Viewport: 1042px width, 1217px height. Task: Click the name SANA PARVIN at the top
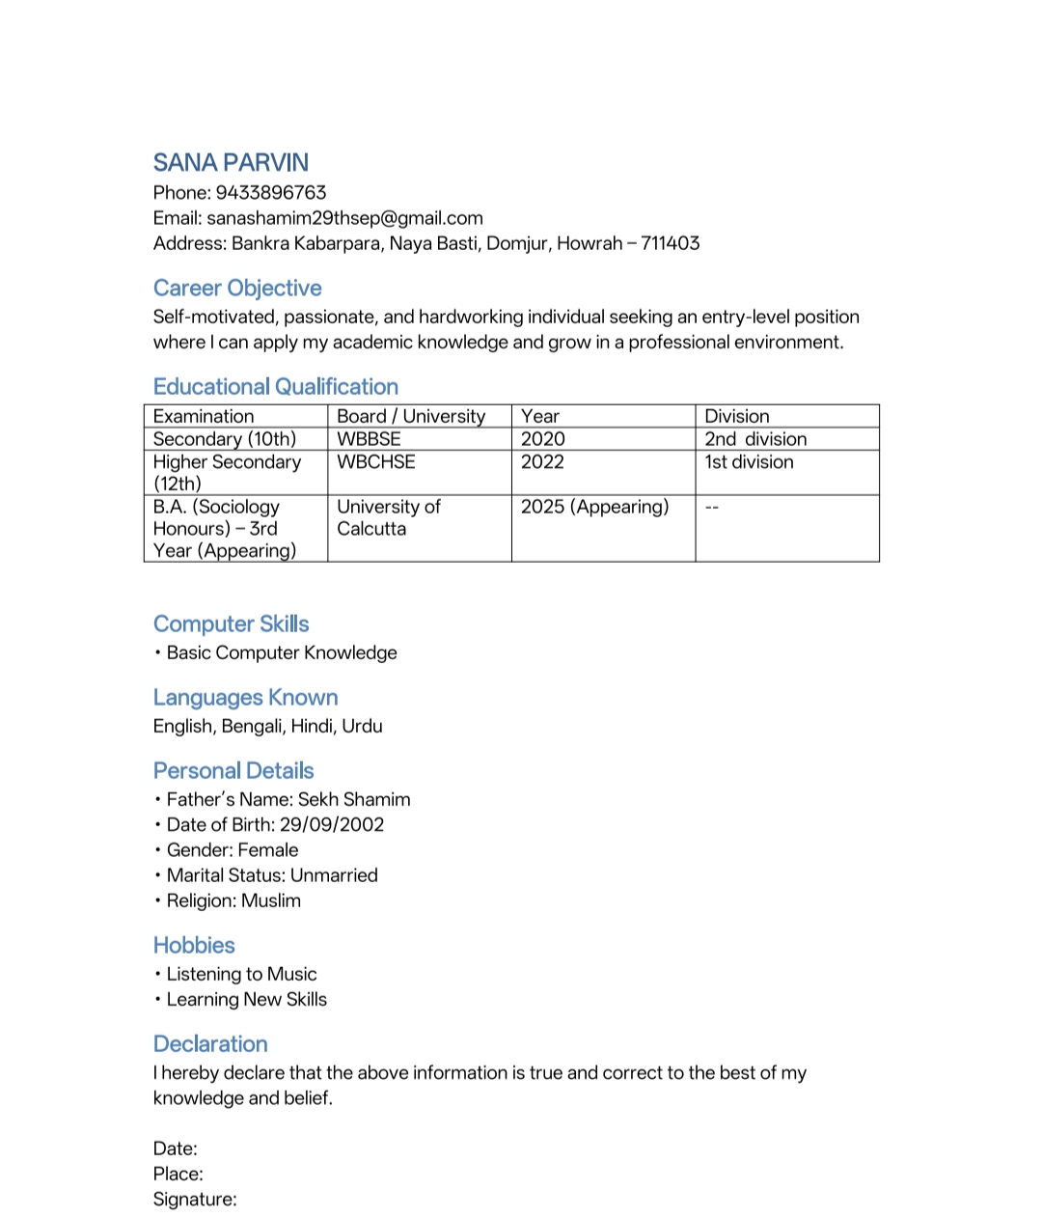click(x=231, y=162)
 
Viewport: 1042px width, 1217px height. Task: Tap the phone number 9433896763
click(x=270, y=192)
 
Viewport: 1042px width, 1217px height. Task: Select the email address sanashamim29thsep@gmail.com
click(x=344, y=218)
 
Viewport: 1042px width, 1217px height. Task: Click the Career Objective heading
click(x=237, y=288)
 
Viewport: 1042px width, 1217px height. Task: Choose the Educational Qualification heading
click(x=275, y=386)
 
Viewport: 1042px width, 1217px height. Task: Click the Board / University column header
click(x=410, y=416)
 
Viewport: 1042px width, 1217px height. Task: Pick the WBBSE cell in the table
click(x=369, y=439)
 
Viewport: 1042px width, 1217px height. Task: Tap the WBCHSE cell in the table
click(x=375, y=462)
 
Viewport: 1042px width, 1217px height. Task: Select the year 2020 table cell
click(x=542, y=439)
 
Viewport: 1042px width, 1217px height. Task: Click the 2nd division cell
click(x=755, y=439)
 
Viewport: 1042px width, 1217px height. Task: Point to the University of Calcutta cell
click(x=388, y=517)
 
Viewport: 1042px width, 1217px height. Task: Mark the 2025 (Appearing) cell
click(x=594, y=507)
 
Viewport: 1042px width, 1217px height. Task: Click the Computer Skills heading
click(x=231, y=623)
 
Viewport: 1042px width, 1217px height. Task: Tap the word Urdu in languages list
click(x=362, y=726)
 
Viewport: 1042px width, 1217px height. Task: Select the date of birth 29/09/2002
click(x=331, y=824)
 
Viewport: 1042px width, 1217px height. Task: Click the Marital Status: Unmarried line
click(x=272, y=875)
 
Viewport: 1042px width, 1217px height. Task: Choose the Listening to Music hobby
click(x=241, y=974)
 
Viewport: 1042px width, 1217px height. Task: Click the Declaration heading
click(x=210, y=1043)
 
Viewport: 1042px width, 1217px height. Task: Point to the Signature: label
click(x=195, y=1199)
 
